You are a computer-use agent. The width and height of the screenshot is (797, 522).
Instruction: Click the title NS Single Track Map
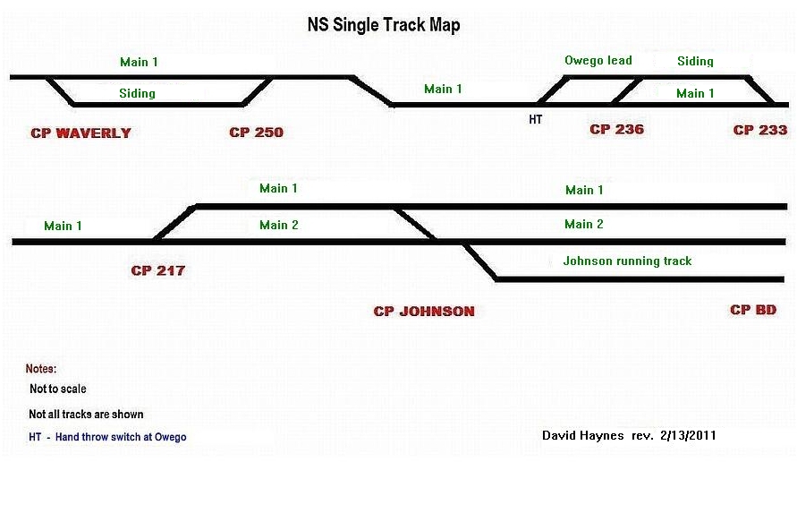(384, 25)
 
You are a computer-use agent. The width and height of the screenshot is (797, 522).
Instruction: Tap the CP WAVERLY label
(81, 133)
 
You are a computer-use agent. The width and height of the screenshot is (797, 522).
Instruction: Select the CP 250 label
(256, 133)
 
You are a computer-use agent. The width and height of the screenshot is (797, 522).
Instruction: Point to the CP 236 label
(616, 130)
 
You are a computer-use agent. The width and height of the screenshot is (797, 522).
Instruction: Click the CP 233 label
(760, 131)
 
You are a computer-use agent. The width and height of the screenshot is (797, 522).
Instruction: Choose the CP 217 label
(157, 270)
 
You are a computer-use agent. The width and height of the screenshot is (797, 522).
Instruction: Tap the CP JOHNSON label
(424, 312)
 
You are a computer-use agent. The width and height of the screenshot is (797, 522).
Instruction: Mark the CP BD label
(753, 310)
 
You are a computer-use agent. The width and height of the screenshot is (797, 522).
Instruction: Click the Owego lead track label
(598, 61)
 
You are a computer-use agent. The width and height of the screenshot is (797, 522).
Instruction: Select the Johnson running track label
(627, 261)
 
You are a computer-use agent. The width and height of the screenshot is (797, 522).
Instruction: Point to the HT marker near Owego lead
(536, 118)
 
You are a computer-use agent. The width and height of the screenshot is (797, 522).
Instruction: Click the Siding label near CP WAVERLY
(137, 93)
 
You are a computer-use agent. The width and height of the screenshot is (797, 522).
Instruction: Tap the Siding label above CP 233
(695, 62)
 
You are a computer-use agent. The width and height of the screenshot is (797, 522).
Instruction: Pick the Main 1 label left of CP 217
(63, 226)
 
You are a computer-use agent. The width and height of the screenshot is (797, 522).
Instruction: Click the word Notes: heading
(41, 369)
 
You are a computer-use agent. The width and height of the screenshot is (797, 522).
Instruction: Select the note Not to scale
(58, 389)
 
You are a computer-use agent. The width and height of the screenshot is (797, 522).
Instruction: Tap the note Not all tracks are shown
(86, 415)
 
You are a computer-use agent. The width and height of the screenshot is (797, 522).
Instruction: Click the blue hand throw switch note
(108, 437)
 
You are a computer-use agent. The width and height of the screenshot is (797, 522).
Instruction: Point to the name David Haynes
(583, 436)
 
